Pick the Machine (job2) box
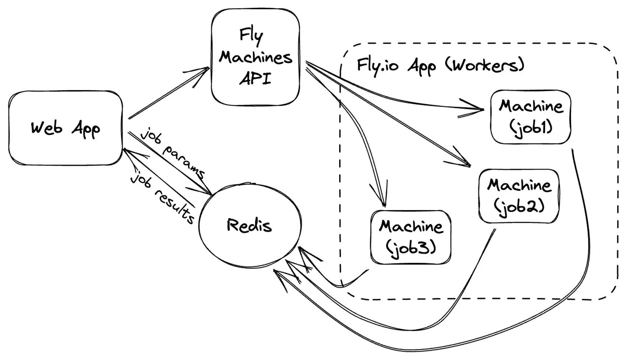[519, 196]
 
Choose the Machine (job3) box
[411, 237]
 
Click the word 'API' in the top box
[255, 78]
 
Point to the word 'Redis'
[249, 225]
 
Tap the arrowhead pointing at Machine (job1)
[479, 109]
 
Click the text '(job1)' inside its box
[531, 127]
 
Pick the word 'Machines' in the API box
[255, 57]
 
